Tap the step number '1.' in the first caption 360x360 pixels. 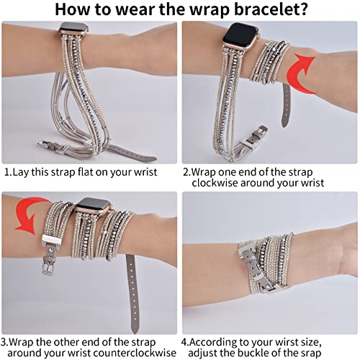tap(8, 173)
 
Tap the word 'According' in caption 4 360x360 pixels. tap(217, 342)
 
